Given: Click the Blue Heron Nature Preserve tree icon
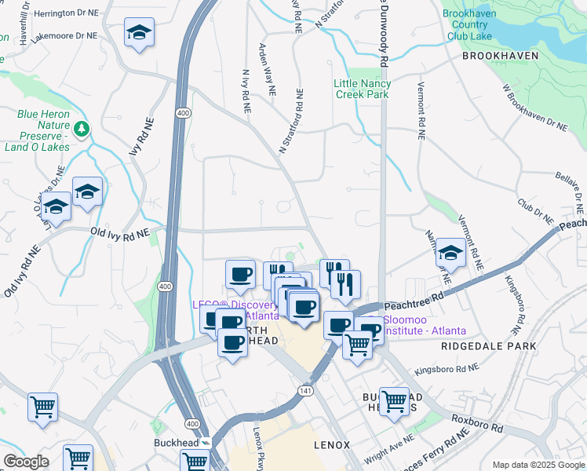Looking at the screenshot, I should click(x=83, y=128).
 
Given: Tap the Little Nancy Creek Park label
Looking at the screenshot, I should click(x=362, y=89).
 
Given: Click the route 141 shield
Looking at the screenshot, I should click(x=304, y=390).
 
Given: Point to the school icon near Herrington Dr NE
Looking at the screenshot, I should click(x=139, y=32).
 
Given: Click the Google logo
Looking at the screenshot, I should click(x=26, y=461).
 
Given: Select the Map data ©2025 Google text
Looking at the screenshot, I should click(x=537, y=464).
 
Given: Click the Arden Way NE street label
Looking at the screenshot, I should click(x=267, y=69).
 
